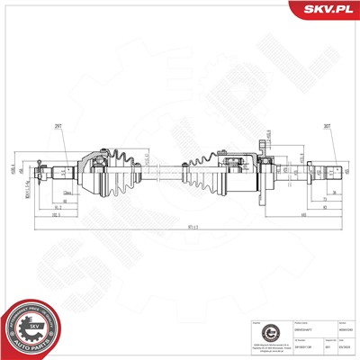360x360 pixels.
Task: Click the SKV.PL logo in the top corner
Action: coord(327,10)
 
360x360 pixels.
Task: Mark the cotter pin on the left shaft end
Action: coord(40,168)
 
